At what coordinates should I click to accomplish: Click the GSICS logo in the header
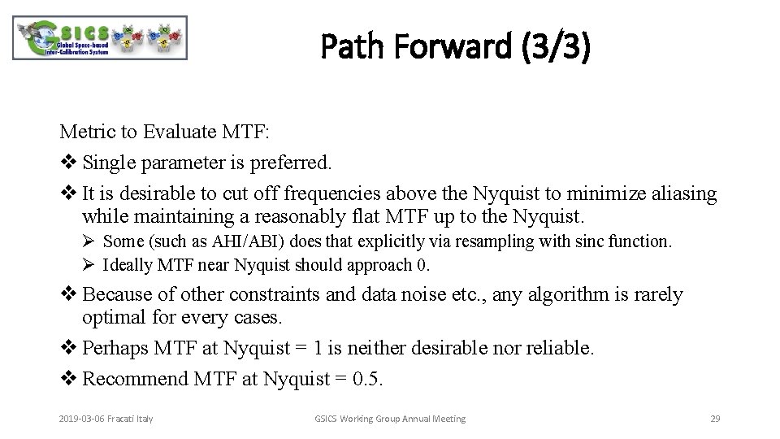(x=100, y=38)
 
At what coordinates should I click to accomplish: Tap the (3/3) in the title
(x=561, y=48)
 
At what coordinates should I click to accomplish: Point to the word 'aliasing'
(x=684, y=193)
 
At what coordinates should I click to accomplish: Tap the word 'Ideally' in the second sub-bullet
(x=127, y=264)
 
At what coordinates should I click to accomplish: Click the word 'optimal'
(x=113, y=317)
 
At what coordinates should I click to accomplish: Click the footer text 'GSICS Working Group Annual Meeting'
(x=390, y=419)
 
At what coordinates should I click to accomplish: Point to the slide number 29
(x=715, y=419)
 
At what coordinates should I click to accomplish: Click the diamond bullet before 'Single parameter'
(x=67, y=163)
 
